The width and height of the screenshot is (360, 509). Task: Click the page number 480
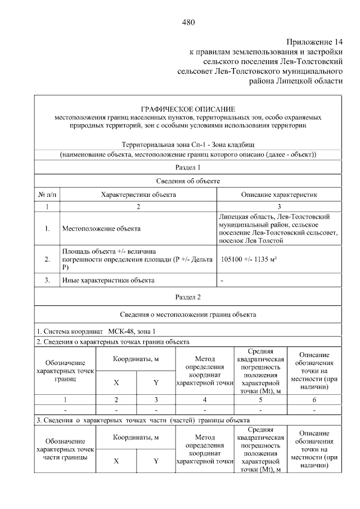[188, 22]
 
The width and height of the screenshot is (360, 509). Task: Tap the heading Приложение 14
[314, 42]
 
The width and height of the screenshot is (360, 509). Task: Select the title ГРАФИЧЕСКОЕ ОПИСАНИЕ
[188, 109]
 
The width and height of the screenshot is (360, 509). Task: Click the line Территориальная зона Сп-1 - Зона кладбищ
[188, 145]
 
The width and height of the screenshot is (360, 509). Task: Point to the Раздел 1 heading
[188, 168]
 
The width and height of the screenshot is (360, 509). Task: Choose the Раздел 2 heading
[188, 296]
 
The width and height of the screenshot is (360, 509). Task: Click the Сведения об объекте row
[188, 181]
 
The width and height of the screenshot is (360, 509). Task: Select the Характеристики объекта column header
[138, 195]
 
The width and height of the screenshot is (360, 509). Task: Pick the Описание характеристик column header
[279, 195]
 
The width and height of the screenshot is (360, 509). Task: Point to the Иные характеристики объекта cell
[107, 280]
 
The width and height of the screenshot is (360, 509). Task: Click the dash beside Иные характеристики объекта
[223, 280]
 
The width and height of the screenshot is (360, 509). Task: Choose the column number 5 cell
[259, 400]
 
